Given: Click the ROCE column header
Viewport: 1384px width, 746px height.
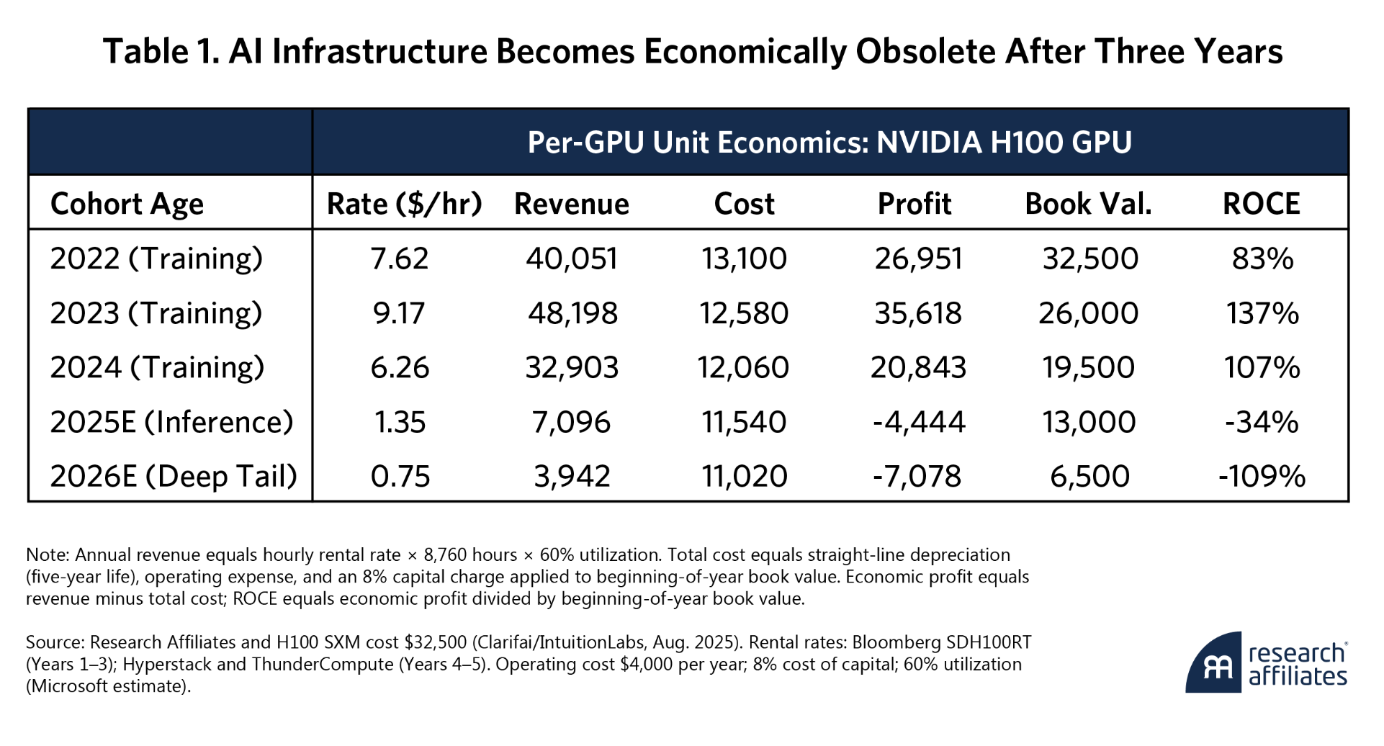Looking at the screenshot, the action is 1261,204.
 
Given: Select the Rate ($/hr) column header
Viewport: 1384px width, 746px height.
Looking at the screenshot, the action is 404,204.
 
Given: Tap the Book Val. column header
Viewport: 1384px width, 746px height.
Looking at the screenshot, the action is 1088,204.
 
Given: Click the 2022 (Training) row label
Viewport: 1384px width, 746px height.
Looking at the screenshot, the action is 156,259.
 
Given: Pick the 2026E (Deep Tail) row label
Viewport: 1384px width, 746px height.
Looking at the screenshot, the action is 174,476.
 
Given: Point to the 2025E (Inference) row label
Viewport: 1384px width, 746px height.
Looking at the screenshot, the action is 171,422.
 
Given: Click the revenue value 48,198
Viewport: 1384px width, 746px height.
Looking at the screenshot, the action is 572,313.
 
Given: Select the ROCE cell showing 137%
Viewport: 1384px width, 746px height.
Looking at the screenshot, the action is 1262,313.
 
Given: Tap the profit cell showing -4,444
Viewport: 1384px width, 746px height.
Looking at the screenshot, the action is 918,422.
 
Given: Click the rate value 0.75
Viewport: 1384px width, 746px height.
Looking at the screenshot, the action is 400,476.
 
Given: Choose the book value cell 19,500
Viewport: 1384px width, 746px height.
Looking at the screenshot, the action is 1089,367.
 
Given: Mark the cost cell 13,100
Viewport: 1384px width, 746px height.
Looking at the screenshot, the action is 745,259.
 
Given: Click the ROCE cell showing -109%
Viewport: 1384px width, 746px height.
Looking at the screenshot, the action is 1262,476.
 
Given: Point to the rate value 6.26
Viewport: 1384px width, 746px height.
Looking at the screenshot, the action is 400,367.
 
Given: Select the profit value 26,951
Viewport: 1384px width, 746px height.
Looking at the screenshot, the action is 918,259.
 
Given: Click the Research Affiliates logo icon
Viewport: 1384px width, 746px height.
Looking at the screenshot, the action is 1213,663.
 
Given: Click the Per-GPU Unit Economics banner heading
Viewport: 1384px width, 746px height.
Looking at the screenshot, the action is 830,142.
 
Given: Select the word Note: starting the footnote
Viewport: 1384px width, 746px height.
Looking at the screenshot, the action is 48,555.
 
